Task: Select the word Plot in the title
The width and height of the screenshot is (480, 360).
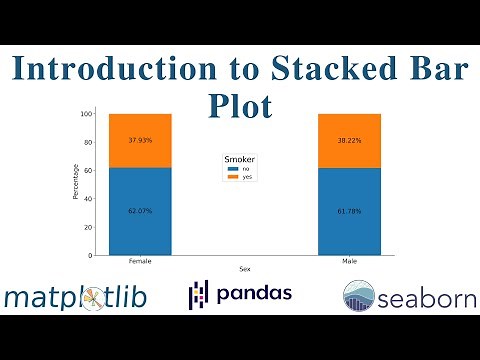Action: [x=240, y=103]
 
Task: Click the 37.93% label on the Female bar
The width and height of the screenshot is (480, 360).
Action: [x=141, y=139]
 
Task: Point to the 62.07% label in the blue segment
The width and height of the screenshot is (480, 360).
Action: [x=141, y=211]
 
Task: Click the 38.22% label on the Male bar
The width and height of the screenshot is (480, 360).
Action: [x=349, y=140]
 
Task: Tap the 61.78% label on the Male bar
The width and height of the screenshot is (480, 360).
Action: [x=349, y=211]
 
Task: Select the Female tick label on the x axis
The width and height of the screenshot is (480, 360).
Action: [x=141, y=261]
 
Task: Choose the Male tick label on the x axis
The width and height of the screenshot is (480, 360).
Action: [x=349, y=261]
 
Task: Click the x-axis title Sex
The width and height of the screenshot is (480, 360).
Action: [x=245, y=269]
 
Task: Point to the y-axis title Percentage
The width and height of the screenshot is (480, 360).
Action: [x=76, y=183]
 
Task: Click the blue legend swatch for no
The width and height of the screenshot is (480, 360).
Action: [x=233, y=169]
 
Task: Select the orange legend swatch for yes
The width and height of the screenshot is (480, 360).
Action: [x=233, y=177]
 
